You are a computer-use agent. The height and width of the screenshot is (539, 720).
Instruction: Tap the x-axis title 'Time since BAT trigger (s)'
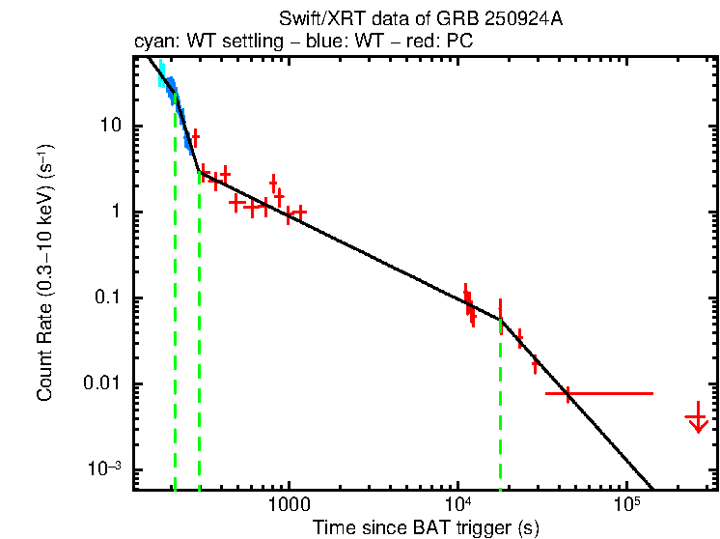pyautogui.click(x=425, y=527)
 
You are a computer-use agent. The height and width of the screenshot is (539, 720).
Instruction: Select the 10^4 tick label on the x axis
pyautogui.click(x=458, y=505)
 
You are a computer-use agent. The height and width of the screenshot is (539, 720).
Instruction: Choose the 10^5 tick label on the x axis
pyautogui.click(x=627, y=505)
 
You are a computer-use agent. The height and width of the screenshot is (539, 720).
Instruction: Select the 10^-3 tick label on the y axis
pyautogui.click(x=101, y=468)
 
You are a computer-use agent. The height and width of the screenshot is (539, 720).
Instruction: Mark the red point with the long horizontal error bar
pyautogui.click(x=568, y=394)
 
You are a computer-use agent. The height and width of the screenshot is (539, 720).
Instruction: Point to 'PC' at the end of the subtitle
pyautogui.click(x=524, y=43)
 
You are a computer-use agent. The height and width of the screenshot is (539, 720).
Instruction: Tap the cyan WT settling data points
pyautogui.click(x=163, y=74)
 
